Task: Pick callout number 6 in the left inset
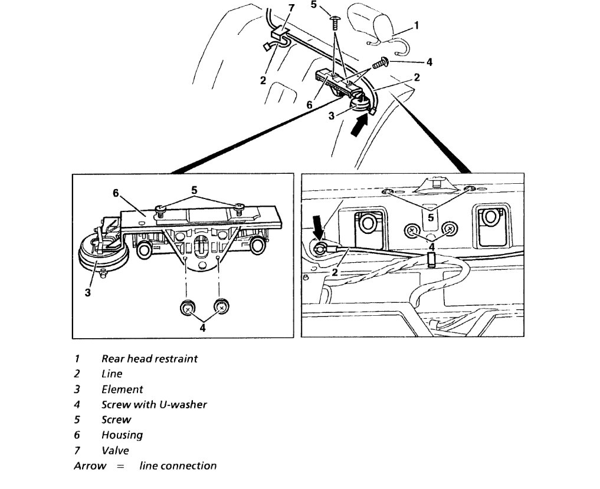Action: coord(117,193)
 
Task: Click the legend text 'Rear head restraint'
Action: coord(149,358)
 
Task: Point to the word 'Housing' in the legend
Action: coord(122,435)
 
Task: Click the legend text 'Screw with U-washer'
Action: coord(154,405)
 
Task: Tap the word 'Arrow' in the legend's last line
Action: coord(90,466)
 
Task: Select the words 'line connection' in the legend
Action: coord(178,466)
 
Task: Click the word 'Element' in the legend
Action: coord(122,389)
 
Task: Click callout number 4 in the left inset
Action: coord(202,328)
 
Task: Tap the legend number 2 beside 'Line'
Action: coord(77,374)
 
